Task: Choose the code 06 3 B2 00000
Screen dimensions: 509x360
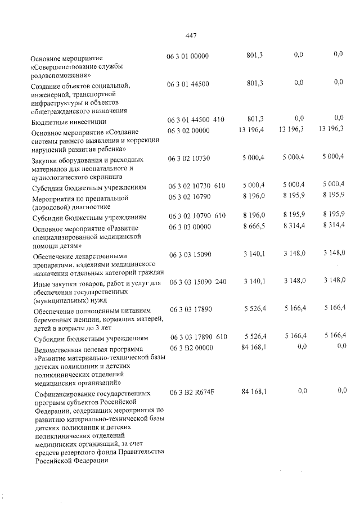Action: [x=191, y=347]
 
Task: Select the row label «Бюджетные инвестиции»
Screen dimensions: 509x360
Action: [x=69, y=121]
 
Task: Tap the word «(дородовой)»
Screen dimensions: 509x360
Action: [x=54, y=206]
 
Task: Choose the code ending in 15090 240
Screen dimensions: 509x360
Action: [x=197, y=282]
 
